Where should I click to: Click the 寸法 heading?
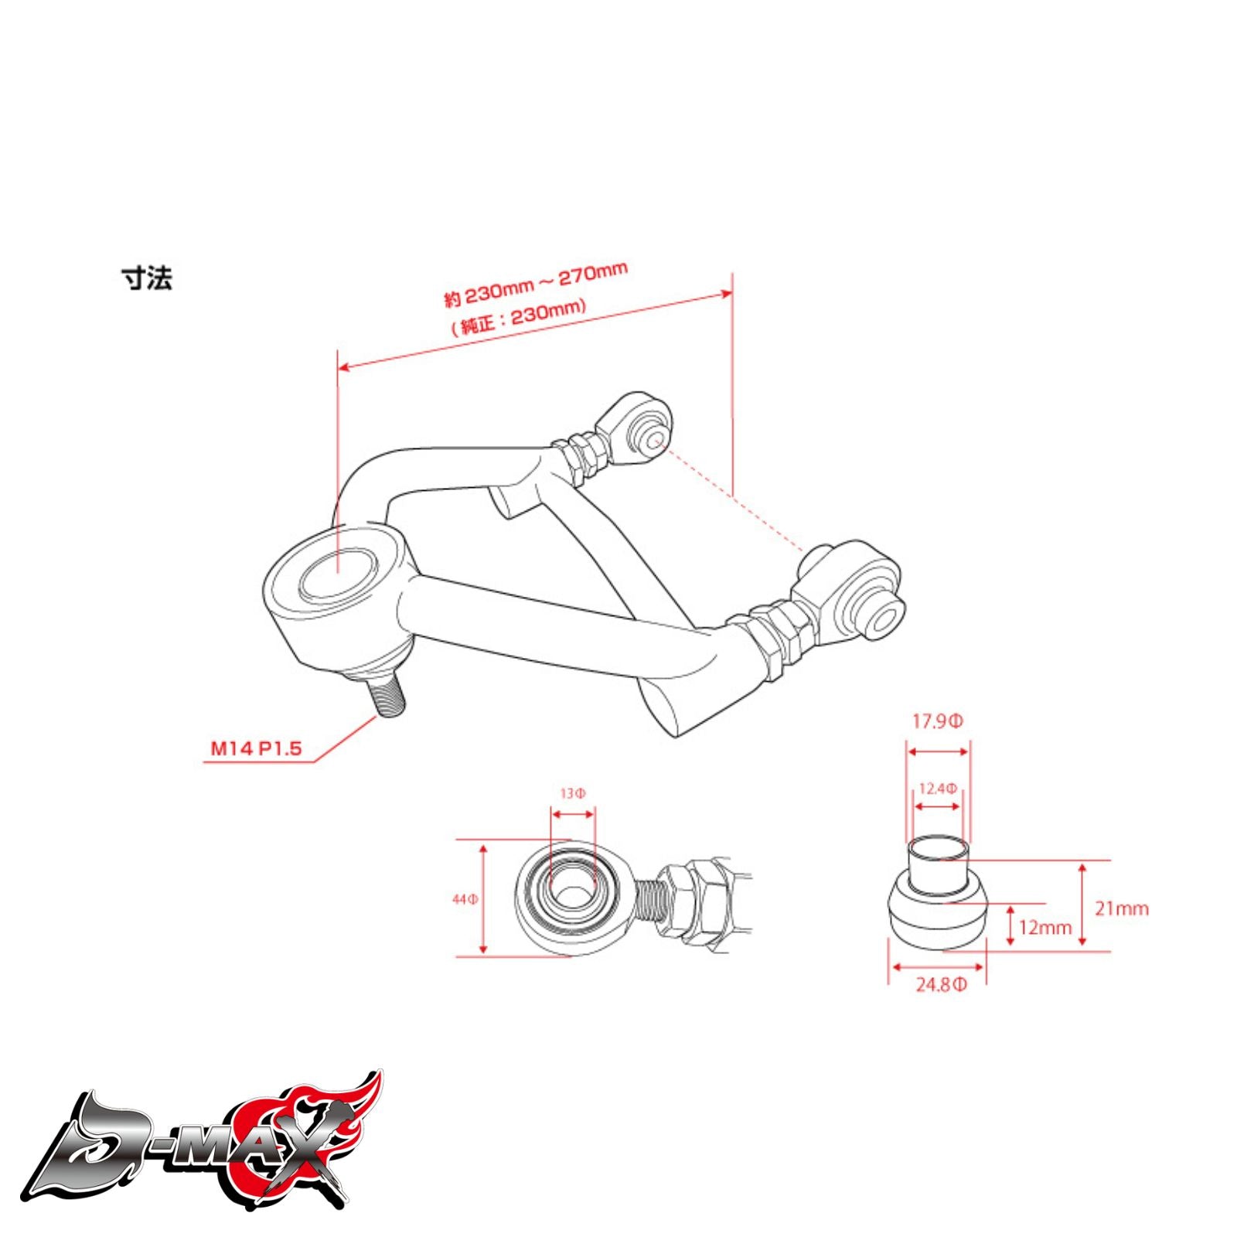point(146,278)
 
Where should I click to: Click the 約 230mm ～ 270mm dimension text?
point(535,285)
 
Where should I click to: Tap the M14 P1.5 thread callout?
point(256,748)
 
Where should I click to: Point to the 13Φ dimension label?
point(572,793)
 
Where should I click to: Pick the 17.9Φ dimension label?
point(937,722)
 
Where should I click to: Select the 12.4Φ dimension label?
point(937,789)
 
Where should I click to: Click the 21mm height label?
point(1121,908)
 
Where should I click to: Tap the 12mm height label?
point(1045,927)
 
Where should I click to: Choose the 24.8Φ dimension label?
point(940,986)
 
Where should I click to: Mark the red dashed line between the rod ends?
point(734,495)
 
